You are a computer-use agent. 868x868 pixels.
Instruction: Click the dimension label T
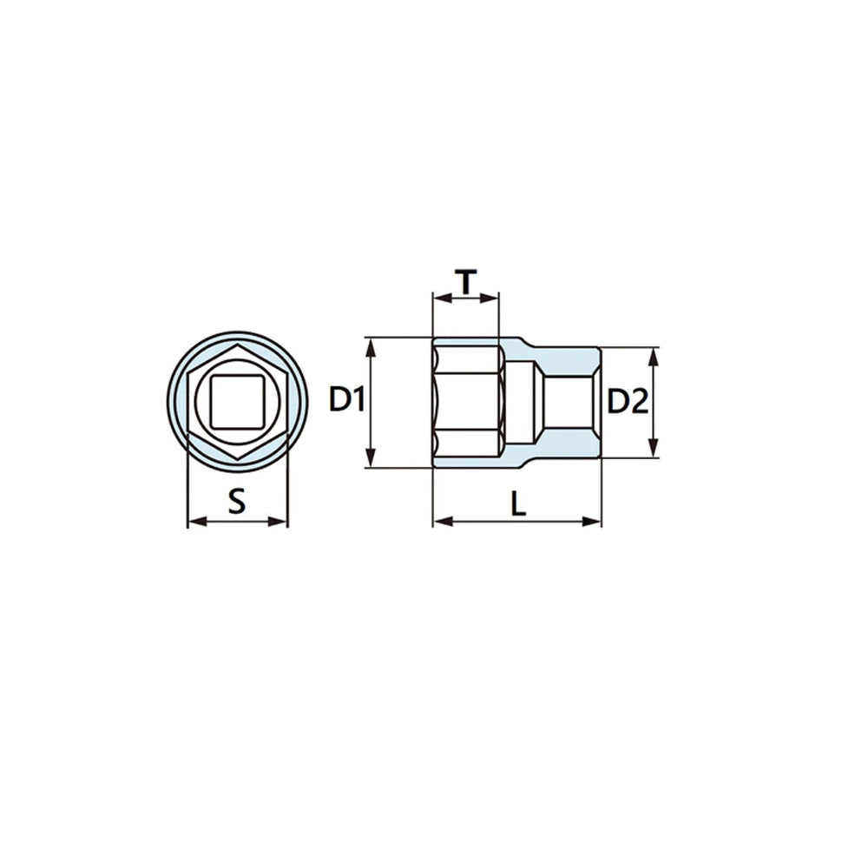pos(466,282)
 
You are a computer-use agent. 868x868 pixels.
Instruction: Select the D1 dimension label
pos(346,399)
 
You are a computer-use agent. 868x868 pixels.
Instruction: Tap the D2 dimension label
pos(628,401)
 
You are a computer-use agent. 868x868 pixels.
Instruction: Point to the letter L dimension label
pos(518,503)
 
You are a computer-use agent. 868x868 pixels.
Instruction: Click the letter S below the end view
pos(237,502)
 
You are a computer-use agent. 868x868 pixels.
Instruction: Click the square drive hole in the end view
pos(237,402)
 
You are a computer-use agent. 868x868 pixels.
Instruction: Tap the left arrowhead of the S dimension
pos(197,522)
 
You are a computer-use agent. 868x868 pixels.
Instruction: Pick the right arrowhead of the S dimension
pos(278,522)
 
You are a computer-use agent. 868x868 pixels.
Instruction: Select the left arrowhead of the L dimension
pos(443,522)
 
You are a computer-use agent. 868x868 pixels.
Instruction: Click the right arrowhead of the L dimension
pos(591,522)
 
